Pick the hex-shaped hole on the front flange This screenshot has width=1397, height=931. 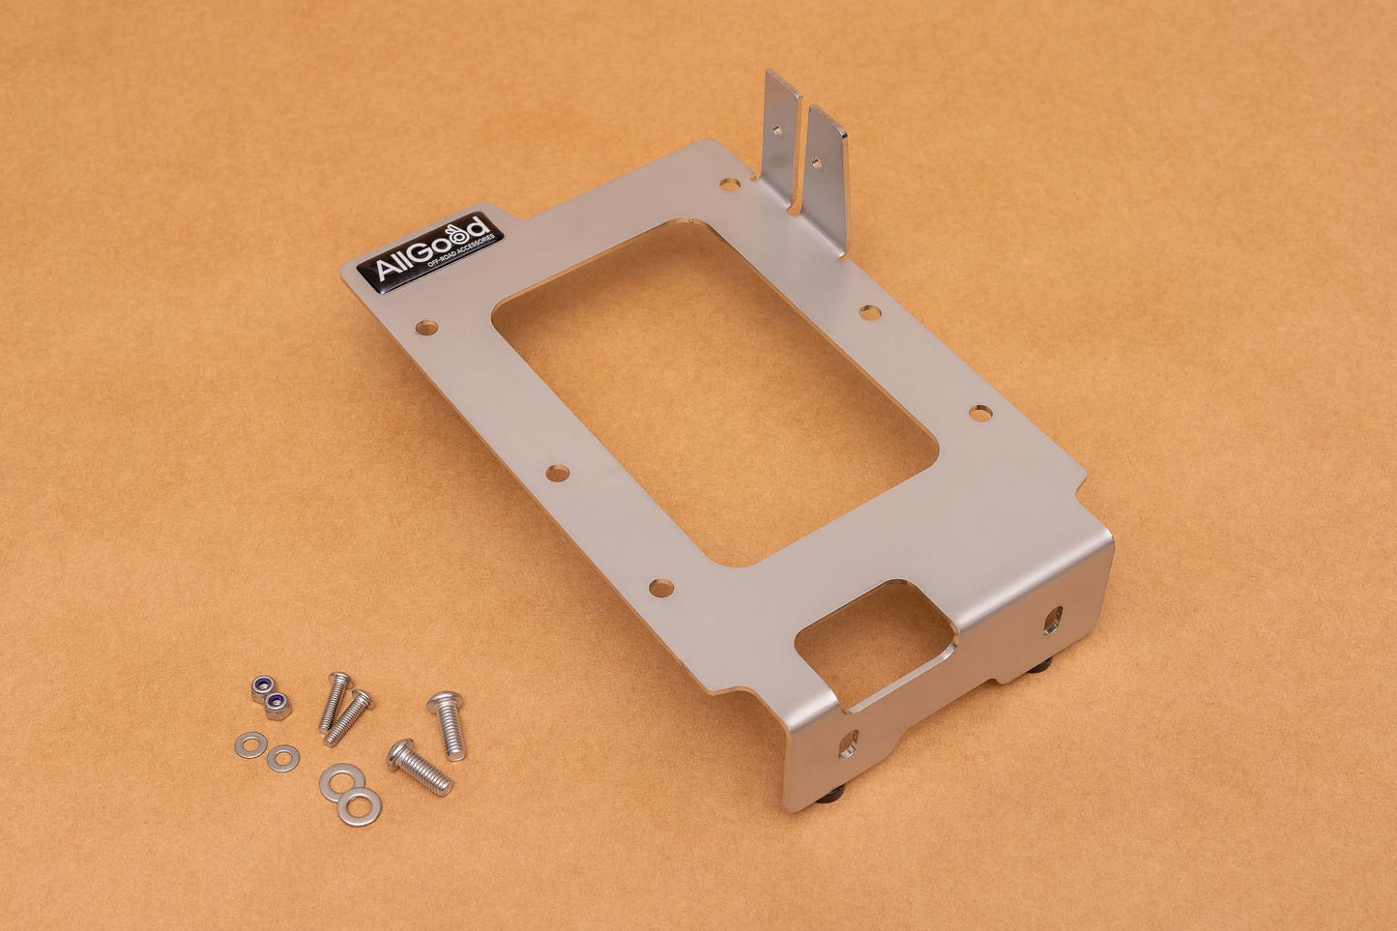coord(1055,616)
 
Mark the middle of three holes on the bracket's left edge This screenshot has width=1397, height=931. coord(557,473)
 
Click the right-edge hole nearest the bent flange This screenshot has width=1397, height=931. coord(978,413)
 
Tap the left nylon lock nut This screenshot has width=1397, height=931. coord(259,686)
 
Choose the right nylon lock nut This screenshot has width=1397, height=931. coord(277,706)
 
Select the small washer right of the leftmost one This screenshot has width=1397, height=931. coord(283,757)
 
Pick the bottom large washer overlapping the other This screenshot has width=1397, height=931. coord(362,800)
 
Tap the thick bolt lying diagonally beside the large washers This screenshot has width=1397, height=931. coord(422,766)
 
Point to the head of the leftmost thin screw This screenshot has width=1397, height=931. coord(337,680)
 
